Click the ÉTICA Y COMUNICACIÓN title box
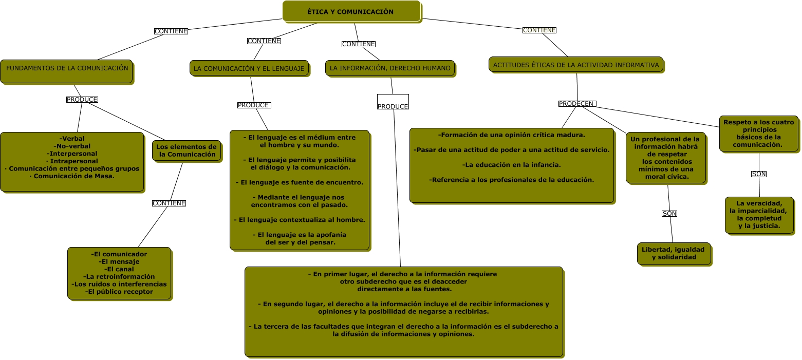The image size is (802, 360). tap(351, 11)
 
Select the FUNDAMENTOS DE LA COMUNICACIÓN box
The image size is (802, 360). tap(66, 71)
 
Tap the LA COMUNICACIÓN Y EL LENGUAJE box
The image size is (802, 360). tap(249, 68)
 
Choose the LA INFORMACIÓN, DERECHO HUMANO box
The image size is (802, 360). tap(390, 68)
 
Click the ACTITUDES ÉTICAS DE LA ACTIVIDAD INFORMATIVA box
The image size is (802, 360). tap(575, 65)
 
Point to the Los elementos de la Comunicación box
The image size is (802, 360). tap(186, 150)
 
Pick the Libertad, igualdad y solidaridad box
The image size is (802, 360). tap(674, 254)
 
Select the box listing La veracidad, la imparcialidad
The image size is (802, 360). tap(759, 215)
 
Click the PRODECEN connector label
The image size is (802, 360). tap(577, 104)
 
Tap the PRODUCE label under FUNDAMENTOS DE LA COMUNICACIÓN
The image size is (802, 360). tap(82, 100)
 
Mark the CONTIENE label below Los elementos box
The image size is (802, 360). tap(169, 203)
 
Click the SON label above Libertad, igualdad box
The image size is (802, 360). tap(669, 214)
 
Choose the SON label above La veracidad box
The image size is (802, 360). tap(759, 174)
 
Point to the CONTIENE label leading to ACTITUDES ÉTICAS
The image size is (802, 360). tap(539, 30)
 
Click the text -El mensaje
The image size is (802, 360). tap(119, 262)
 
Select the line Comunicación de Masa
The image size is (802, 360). tap(72, 176)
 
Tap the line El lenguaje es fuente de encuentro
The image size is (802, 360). tap(300, 182)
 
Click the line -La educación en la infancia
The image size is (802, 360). tap(511, 165)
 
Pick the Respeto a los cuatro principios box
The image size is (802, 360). tap(759, 134)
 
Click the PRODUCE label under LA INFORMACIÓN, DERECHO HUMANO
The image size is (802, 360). tap(393, 106)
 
